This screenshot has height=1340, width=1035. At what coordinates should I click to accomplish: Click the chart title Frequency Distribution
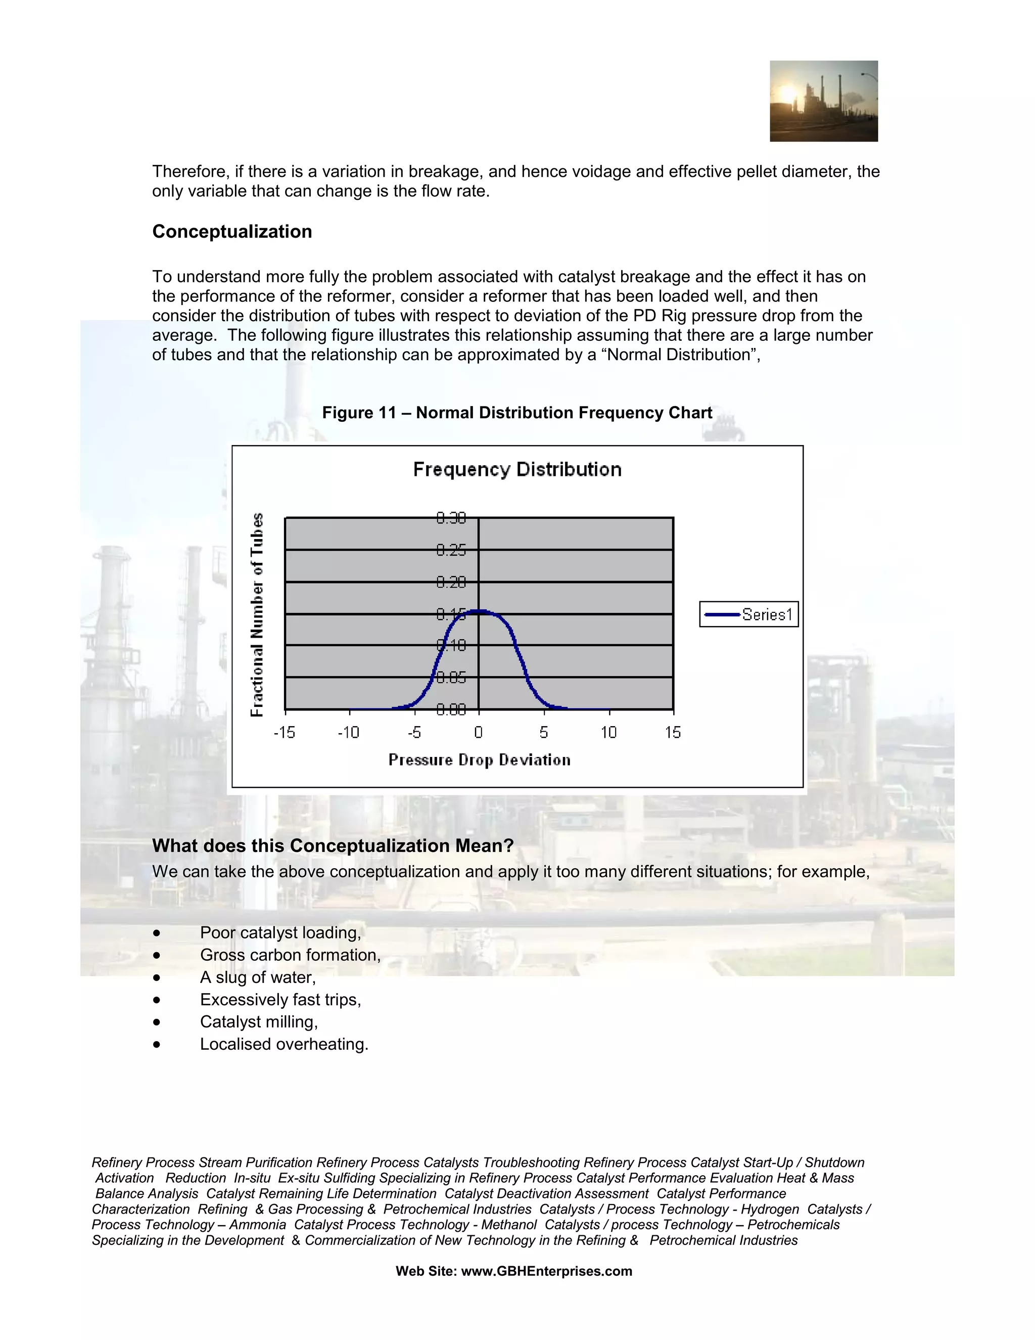tap(517, 469)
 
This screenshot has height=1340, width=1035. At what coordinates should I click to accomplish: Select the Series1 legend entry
tap(748, 614)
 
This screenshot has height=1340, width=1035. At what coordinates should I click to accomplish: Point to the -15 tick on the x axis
tap(285, 732)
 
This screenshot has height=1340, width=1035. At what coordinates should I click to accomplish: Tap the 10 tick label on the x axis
tap(608, 732)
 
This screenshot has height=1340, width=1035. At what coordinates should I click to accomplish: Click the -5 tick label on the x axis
tap(414, 732)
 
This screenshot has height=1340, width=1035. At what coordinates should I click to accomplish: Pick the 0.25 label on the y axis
tap(451, 550)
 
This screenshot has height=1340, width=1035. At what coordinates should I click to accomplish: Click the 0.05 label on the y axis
tap(451, 678)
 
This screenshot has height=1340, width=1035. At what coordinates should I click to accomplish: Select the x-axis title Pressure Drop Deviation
tap(480, 760)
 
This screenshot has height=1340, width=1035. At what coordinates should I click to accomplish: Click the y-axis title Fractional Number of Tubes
tap(257, 614)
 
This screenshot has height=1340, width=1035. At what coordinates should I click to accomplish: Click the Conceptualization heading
tap(232, 231)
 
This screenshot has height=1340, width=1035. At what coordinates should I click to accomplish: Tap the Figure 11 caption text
tap(517, 413)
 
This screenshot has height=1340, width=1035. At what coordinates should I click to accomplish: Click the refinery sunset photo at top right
tap(823, 101)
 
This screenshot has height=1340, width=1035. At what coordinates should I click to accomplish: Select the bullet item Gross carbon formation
tap(290, 955)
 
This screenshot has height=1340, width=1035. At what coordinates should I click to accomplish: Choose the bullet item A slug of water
tap(258, 977)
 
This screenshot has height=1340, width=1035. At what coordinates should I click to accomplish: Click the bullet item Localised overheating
tap(284, 1044)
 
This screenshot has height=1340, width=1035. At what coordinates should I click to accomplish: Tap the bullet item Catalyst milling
tap(259, 1021)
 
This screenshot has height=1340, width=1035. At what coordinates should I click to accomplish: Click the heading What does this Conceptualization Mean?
tap(333, 845)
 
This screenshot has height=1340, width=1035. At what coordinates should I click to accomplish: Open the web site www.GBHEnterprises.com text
tap(546, 1271)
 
